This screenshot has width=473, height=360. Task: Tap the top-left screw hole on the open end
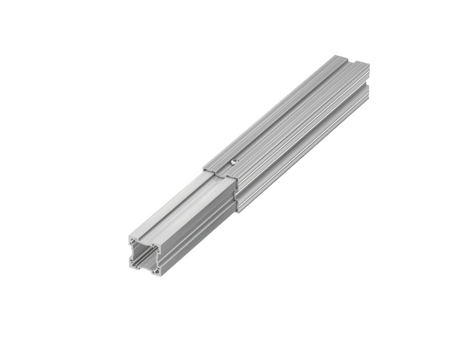(133, 240)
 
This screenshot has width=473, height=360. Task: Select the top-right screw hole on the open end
(156, 248)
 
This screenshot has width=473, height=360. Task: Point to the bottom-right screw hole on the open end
(156, 271)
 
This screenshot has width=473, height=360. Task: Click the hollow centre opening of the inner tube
(145, 256)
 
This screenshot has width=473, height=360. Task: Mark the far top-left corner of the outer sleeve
(335, 55)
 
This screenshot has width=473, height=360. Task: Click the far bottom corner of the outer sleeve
(368, 100)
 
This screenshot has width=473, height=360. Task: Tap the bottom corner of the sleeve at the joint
(237, 211)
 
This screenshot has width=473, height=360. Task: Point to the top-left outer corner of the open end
(129, 237)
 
